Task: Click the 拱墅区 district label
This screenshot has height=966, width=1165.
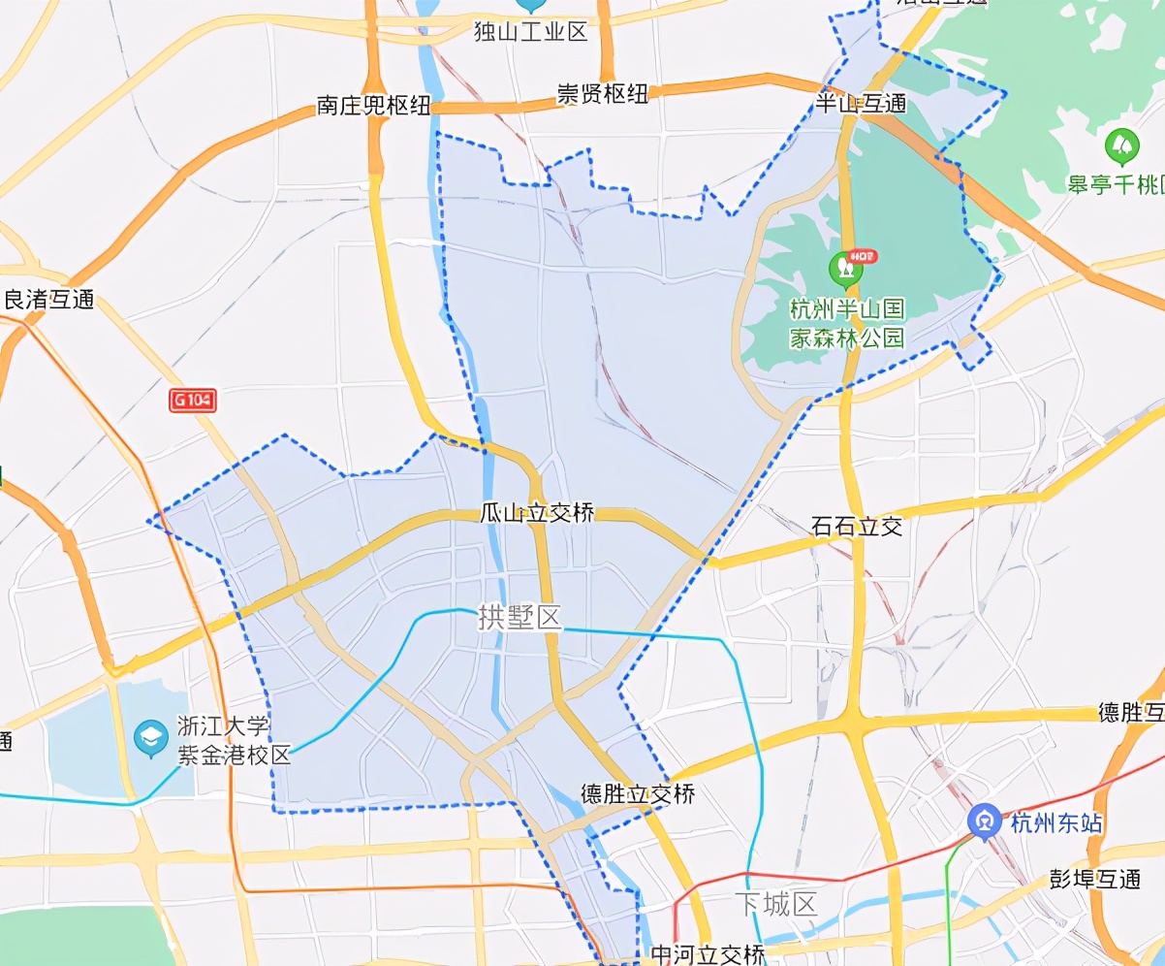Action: (520, 618)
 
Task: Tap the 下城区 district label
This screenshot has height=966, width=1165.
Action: (775, 905)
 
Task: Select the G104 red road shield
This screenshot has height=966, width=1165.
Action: (192, 401)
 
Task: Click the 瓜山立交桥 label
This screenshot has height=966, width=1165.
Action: (536, 513)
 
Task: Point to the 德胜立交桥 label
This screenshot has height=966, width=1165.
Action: (638, 794)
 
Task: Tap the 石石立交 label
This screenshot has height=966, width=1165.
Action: (857, 527)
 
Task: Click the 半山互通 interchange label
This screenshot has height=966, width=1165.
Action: (861, 103)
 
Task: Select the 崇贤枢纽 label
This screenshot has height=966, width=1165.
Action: (601, 94)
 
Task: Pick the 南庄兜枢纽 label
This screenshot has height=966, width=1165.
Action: (373, 106)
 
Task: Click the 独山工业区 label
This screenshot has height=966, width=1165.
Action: (530, 32)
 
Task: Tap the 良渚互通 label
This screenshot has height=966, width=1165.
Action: (49, 300)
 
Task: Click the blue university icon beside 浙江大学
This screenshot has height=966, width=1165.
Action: (150, 735)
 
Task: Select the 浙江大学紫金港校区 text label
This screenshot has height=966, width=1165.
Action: (234, 741)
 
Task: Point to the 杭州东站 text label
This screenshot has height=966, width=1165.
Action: (1056, 824)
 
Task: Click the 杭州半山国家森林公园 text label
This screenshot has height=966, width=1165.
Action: (847, 323)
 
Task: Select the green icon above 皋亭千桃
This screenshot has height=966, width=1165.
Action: (1121, 146)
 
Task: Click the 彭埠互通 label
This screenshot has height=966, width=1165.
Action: (1095, 880)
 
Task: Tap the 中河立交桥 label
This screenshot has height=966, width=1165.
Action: (708, 954)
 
